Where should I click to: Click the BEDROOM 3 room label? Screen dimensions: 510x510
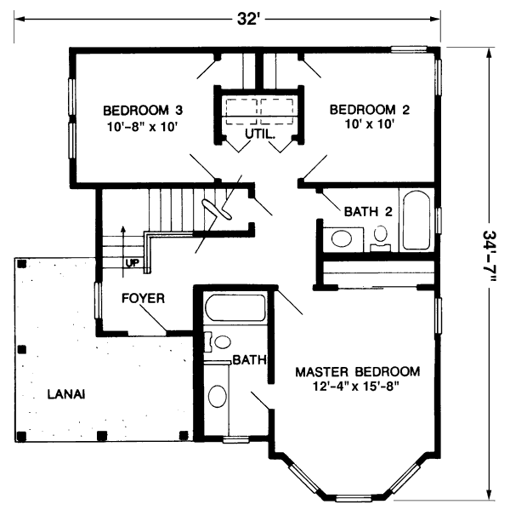(x=144, y=111)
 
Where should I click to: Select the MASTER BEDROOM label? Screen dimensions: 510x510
(x=357, y=372)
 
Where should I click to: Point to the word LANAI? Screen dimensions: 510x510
(x=65, y=393)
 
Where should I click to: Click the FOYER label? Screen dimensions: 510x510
(x=142, y=299)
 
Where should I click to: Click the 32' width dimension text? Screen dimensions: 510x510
(x=247, y=19)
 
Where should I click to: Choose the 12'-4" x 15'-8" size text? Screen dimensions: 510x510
(x=357, y=387)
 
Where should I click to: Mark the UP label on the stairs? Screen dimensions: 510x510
(x=132, y=262)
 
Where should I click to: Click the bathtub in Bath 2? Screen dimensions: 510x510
(x=416, y=221)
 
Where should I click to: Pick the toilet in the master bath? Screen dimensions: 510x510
(x=219, y=342)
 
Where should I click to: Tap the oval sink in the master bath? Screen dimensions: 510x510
(x=218, y=398)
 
